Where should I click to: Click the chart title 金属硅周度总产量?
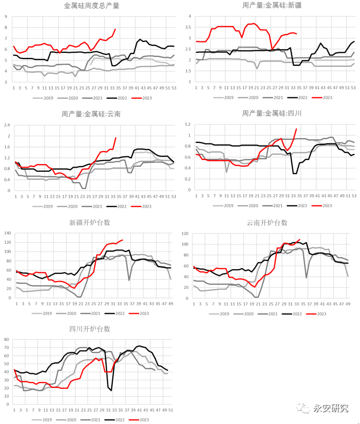coord(92,6)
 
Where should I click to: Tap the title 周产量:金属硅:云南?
coord(92,113)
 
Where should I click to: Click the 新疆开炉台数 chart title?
coord(91,223)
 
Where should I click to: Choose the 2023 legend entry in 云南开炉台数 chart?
coord(318,314)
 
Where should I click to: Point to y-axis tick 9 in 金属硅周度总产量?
coord(6,16)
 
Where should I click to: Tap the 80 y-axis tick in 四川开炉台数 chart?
coord(8,340)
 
